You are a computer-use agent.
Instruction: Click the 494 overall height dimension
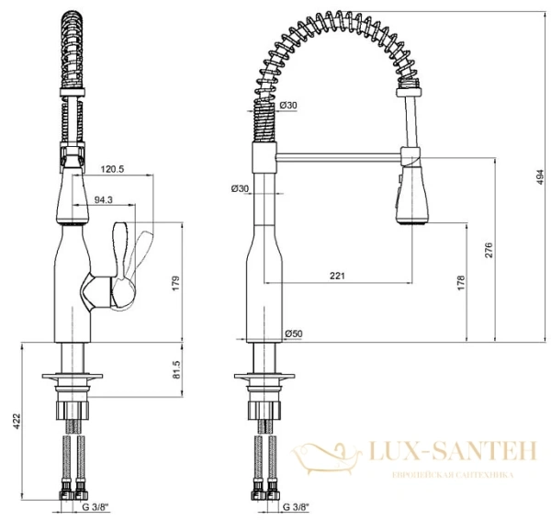point(539,183)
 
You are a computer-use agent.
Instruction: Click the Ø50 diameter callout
point(294,333)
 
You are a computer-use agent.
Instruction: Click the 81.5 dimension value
point(175,368)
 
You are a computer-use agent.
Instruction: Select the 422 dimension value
point(15,422)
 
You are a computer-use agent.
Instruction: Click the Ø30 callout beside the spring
point(288,106)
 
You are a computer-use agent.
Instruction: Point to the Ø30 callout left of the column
point(241,189)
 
